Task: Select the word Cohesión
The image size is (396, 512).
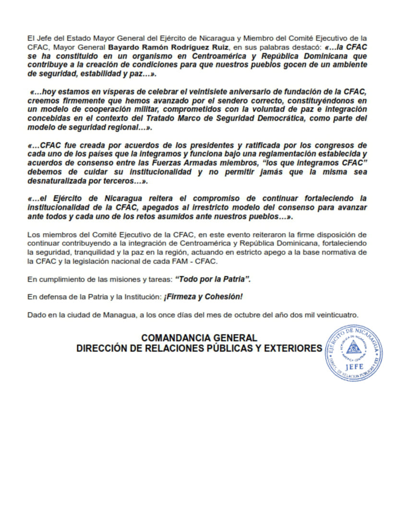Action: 224,297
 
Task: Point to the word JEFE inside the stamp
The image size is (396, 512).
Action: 353,368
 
